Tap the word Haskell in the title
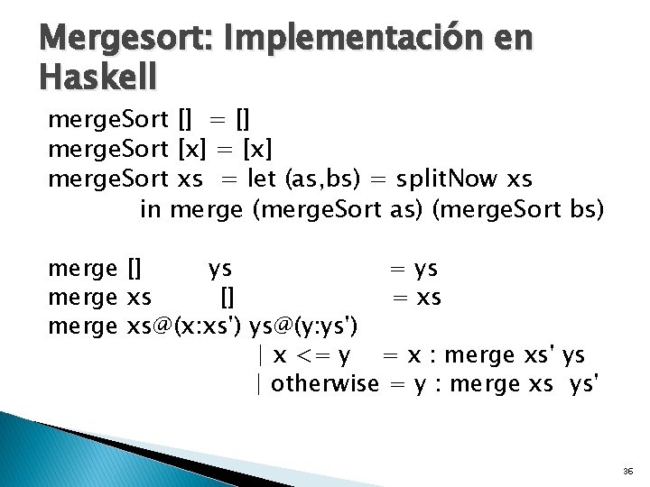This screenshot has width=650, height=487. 97,78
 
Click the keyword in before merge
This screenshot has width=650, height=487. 151,208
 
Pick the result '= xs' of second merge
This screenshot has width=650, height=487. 415,297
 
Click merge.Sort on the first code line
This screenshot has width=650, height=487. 107,118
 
